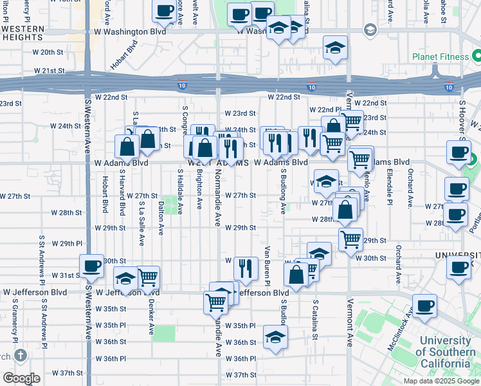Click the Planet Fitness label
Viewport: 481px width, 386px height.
(x=440, y=57)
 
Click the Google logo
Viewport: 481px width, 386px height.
(x=22, y=378)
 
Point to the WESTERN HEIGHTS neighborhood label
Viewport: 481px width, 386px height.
(x=23, y=35)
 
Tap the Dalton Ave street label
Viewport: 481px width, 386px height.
(x=161, y=220)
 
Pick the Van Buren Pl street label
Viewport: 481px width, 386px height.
(x=266, y=264)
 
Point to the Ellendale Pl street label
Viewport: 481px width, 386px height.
(x=389, y=185)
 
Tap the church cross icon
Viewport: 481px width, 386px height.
(x=21, y=354)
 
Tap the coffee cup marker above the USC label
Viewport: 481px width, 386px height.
(x=424, y=306)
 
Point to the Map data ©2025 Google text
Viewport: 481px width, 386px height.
(x=441, y=381)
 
